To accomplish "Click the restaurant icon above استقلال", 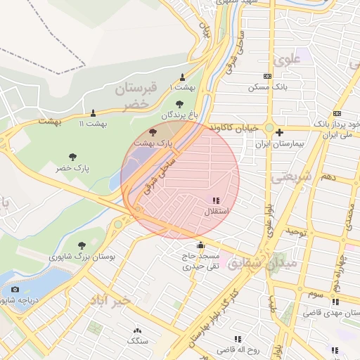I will pyautogui.click(x=215, y=201).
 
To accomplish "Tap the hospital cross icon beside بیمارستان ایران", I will pyautogui.click(x=280, y=132).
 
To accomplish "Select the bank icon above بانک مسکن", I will pyautogui.click(x=267, y=76).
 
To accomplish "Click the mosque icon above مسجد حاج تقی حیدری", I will pyautogui.click(x=201, y=245).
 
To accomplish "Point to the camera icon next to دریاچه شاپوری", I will pyautogui.click(x=15, y=289).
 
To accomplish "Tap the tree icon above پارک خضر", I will pyautogui.click(x=72, y=157).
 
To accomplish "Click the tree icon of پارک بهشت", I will pyautogui.click(x=153, y=131).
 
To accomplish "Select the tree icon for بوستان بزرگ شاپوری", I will pyautogui.click(x=82, y=245).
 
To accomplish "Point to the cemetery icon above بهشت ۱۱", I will pyautogui.click(x=93, y=112).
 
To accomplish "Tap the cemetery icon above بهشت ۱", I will pyautogui.click(x=183, y=77).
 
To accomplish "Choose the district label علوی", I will pyautogui.click(x=291, y=60).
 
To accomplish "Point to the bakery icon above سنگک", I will pyautogui.click(x=136, y=330).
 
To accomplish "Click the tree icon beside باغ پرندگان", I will pyautogui.click(x=189, y=104).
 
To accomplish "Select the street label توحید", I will pyautogui.click(x=298, y=231).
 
